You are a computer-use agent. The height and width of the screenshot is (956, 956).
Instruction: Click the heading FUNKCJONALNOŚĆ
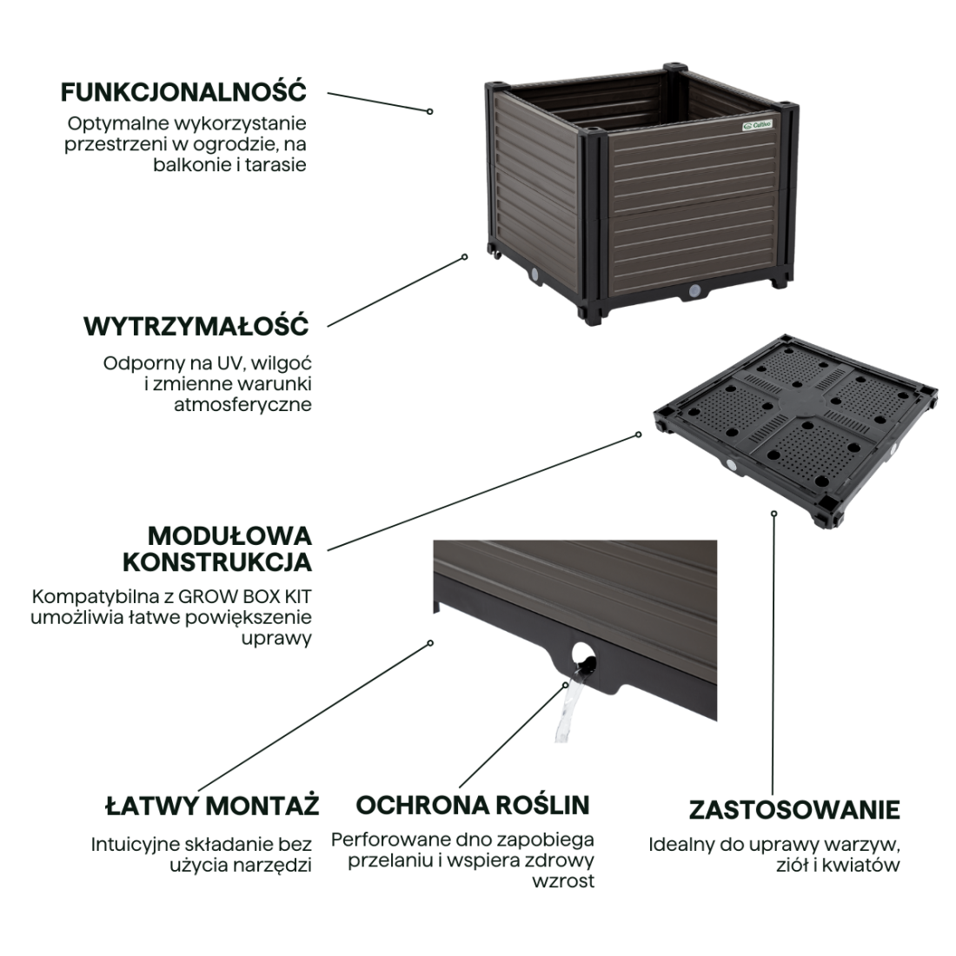click(x=183, y=92)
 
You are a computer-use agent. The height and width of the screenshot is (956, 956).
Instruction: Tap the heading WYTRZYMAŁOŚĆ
click(x=196, y=326)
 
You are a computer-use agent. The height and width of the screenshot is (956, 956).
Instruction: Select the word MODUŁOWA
click(x=229, y=536)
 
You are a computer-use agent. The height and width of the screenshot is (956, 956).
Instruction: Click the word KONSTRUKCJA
click(x=217, y=562)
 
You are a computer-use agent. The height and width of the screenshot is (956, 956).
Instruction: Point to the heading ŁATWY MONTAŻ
click(x=212, y=805)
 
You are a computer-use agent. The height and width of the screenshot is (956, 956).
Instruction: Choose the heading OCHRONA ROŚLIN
click(x=473, y=805)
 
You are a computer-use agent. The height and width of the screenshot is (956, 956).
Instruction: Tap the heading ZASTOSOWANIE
click(x=794, y=810)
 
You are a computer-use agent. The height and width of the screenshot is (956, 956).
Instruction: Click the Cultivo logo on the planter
click(x=757, y=125)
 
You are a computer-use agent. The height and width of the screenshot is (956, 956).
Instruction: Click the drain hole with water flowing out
click(x=583, y=659)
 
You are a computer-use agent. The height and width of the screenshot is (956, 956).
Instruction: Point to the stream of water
click(x=568, y=707)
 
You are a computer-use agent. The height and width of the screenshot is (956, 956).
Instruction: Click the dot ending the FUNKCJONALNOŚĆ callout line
click(x=430, y=111)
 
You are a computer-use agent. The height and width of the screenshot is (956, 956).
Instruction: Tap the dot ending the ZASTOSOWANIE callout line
click(x=774, y=514)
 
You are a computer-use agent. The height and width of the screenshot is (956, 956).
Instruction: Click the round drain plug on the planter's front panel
click(x=694, y=291)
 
